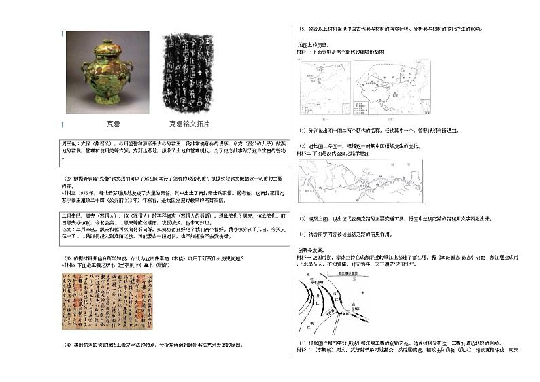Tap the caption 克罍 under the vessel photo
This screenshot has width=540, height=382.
coord(114,124)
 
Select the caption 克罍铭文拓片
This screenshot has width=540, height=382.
coord(189,124)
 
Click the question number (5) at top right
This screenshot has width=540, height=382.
coord(303,29)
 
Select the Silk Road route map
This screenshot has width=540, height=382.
coord(360,181)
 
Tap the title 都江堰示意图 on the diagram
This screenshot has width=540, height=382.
coord(373,271)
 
